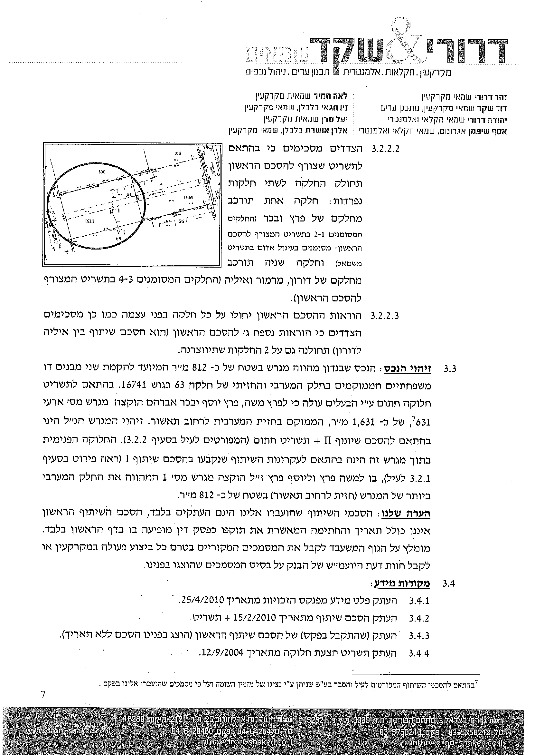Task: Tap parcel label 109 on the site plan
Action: pos(178,153)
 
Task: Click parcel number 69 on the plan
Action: pos(118,239)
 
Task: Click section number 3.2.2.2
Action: pos(385,149)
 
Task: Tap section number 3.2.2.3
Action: pos(385,316)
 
